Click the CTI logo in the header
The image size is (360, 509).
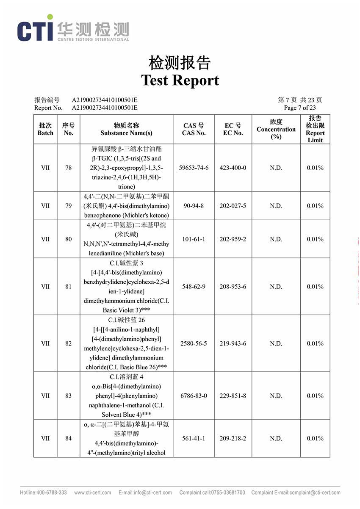(36, 29)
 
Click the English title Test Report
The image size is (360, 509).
(180, 80)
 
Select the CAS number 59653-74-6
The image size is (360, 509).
(194, 168)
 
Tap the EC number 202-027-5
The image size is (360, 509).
(233, 206)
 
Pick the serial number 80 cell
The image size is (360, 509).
(68, 239)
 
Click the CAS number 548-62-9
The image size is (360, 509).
(194, 287)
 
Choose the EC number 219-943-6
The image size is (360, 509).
(233, 343)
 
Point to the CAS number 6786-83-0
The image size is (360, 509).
(194, 396)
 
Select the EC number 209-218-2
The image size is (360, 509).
(233, 439)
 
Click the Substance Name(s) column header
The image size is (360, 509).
(126, 129)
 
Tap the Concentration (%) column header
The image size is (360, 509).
(276, 129)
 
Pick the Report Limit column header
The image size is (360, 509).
(315, 129)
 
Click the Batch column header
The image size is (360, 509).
(45, 129)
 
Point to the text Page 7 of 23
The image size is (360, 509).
(300, 108)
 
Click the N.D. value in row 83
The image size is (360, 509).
(276, 396)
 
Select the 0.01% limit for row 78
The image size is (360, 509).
(315, 168)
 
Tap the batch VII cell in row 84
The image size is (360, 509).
(45, 439)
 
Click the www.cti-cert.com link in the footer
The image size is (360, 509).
(93, 492)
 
